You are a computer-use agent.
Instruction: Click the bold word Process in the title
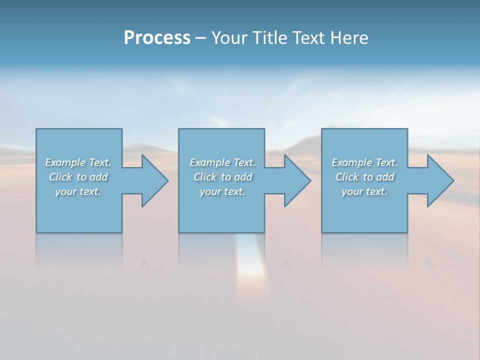(x=157, y=38)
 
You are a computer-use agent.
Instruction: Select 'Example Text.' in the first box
(x=78, y=162)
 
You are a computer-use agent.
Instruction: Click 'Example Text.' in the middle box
(x=222, y=162)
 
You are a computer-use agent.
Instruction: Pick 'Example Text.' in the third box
(x=364, y=162)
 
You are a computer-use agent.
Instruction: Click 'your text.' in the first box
(x=78, y=191)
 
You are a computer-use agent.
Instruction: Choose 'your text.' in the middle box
(x=222, y=191)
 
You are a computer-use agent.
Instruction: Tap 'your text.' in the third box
(x=364, y=191)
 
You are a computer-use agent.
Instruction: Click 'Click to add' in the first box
(x=78, y=177)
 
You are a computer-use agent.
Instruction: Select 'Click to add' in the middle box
(x=222, y=177)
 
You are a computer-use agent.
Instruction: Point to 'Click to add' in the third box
(x=364, y=177)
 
